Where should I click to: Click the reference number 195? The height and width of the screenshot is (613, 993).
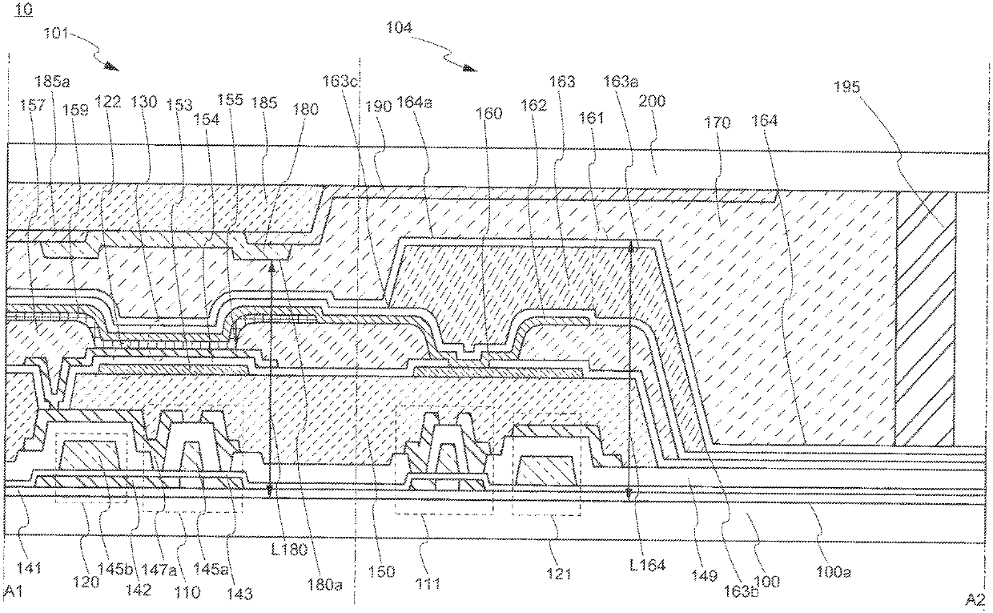(847, 87)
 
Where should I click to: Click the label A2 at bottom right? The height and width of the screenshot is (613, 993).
(975, 599)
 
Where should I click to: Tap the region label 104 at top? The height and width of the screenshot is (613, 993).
(398, 27)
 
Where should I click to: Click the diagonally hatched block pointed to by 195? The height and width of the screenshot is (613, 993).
(926, 318)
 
